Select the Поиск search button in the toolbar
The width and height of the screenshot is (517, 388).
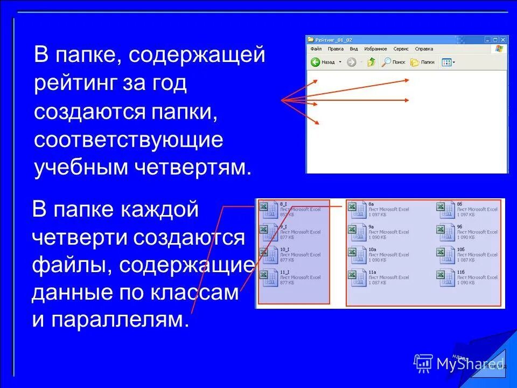click(x=394, y=62)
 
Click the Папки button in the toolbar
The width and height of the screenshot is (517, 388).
click(x=423, y=62)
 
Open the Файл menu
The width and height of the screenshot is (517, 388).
click(x=316, y=48)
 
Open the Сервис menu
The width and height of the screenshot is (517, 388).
click(x=401, y=48)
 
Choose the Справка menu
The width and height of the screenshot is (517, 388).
click(x=424, y=48)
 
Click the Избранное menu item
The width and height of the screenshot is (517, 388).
click(x=375, y=48)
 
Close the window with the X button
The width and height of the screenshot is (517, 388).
click(x=504, y=40)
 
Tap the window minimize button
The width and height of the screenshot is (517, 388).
click(x=487, y=40)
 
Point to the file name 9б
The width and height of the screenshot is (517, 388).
click(x=459, y=227)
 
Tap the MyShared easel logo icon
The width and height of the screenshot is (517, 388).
click(x=423, y=363)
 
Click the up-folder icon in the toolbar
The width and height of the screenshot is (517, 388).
click(x=371, y=62)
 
